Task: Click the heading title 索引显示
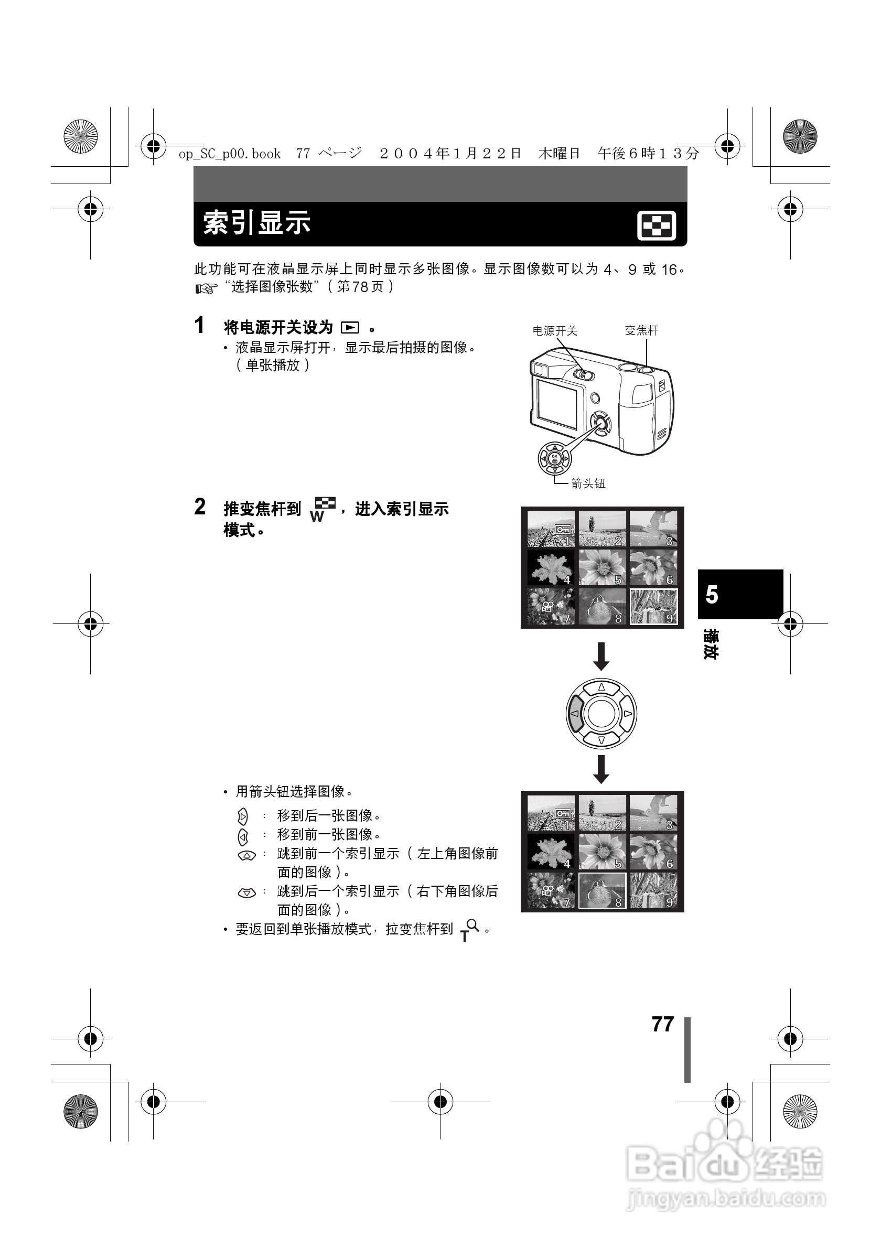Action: [x=256, y=223]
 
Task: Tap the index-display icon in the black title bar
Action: [x=656, y=225]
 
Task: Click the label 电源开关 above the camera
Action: [x=554, y=330]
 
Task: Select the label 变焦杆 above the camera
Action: [x=641, y=330]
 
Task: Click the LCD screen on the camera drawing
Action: [x=556, y=403]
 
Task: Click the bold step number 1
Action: [x=199, y=326]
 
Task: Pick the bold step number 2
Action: [x=200, y=507]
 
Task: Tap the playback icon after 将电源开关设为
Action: [x=350, y=328]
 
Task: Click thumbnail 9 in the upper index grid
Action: [x=653, y=607]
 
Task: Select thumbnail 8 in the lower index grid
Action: [x=602, y=890]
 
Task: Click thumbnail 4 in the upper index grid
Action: [x=551, y=567]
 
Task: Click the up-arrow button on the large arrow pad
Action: [x=601, y=688]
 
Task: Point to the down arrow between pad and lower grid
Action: [x=600, y=769]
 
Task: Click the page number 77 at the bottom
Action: [x=662, y=1024]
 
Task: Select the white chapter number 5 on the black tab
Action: [x=712, y=595]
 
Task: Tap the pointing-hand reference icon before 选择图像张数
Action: [x=206, y=288]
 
